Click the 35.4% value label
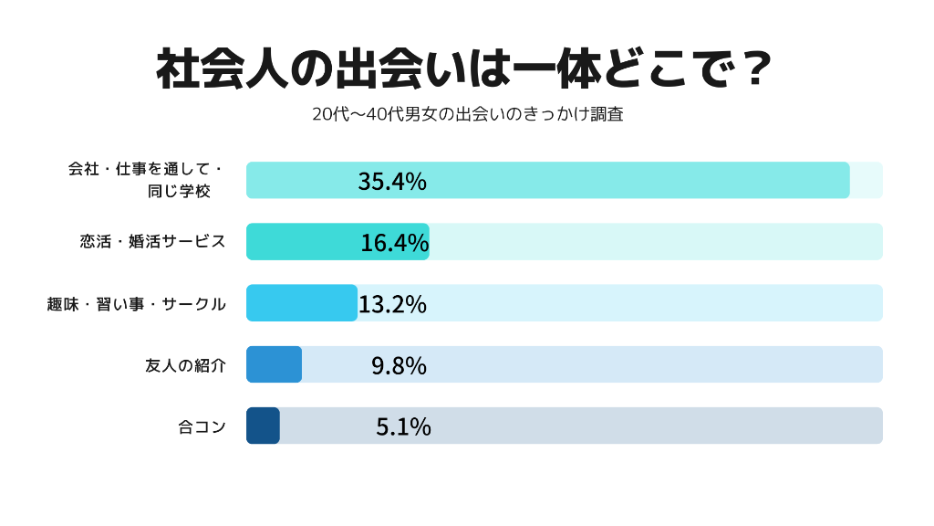392,181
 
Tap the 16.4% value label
394,242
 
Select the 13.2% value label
392,303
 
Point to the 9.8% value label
399,365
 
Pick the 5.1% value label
403,426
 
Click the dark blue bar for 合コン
263,426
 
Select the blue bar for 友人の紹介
274,364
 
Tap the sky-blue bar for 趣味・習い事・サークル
301,303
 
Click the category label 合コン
202,426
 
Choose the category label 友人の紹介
185,365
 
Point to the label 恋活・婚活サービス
152,242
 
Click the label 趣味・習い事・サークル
136,304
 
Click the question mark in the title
753,70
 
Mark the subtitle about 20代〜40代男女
467,115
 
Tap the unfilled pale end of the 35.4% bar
867,180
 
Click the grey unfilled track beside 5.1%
638,426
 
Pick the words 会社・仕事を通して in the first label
145,169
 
